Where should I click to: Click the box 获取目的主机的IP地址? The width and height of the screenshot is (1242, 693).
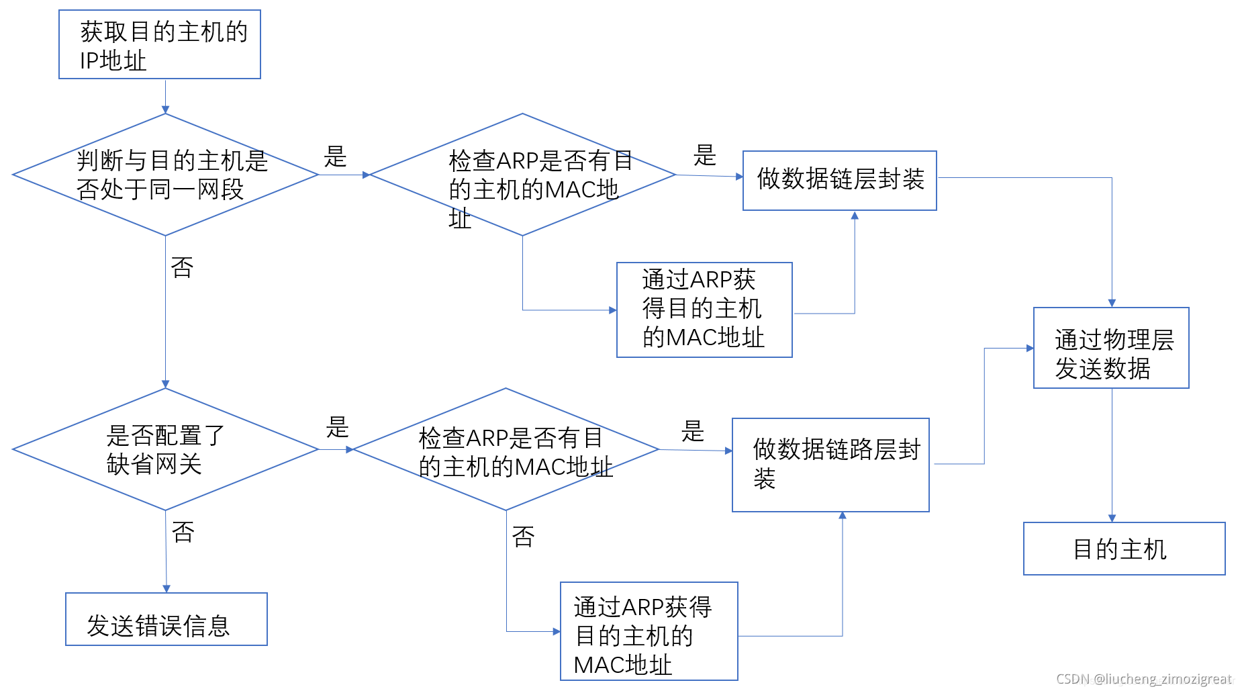(160, 44)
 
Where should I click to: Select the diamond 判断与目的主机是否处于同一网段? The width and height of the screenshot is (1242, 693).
(165, 175)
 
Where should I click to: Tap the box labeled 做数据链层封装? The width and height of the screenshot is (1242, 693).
(839, 180)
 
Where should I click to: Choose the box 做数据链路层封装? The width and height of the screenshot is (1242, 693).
(830, 465)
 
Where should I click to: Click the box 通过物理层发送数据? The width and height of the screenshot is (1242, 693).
(1111, 348)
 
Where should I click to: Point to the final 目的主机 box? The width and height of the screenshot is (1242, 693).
(1124, 549)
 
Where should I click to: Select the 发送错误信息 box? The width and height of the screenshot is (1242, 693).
(166, 619)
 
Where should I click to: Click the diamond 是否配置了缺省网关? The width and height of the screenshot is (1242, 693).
(165, 449)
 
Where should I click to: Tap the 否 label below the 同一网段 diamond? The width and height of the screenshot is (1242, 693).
(182, 268)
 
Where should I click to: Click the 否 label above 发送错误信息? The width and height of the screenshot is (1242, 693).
(183, 533)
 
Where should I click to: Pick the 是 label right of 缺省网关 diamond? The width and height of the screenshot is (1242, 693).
(338, 427)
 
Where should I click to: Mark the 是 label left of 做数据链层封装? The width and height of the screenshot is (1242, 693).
(704, 156)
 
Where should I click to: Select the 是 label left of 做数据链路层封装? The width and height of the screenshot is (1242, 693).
(692, 431)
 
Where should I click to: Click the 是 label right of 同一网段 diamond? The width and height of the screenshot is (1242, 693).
(335, 157)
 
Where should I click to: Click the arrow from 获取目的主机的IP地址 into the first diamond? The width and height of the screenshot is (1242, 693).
(165, 96)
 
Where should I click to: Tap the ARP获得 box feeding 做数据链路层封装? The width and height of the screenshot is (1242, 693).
(649, 631)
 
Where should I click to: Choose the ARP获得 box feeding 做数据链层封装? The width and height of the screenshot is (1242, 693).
(704, 310)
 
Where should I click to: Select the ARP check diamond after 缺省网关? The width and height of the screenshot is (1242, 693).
(506, 449)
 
